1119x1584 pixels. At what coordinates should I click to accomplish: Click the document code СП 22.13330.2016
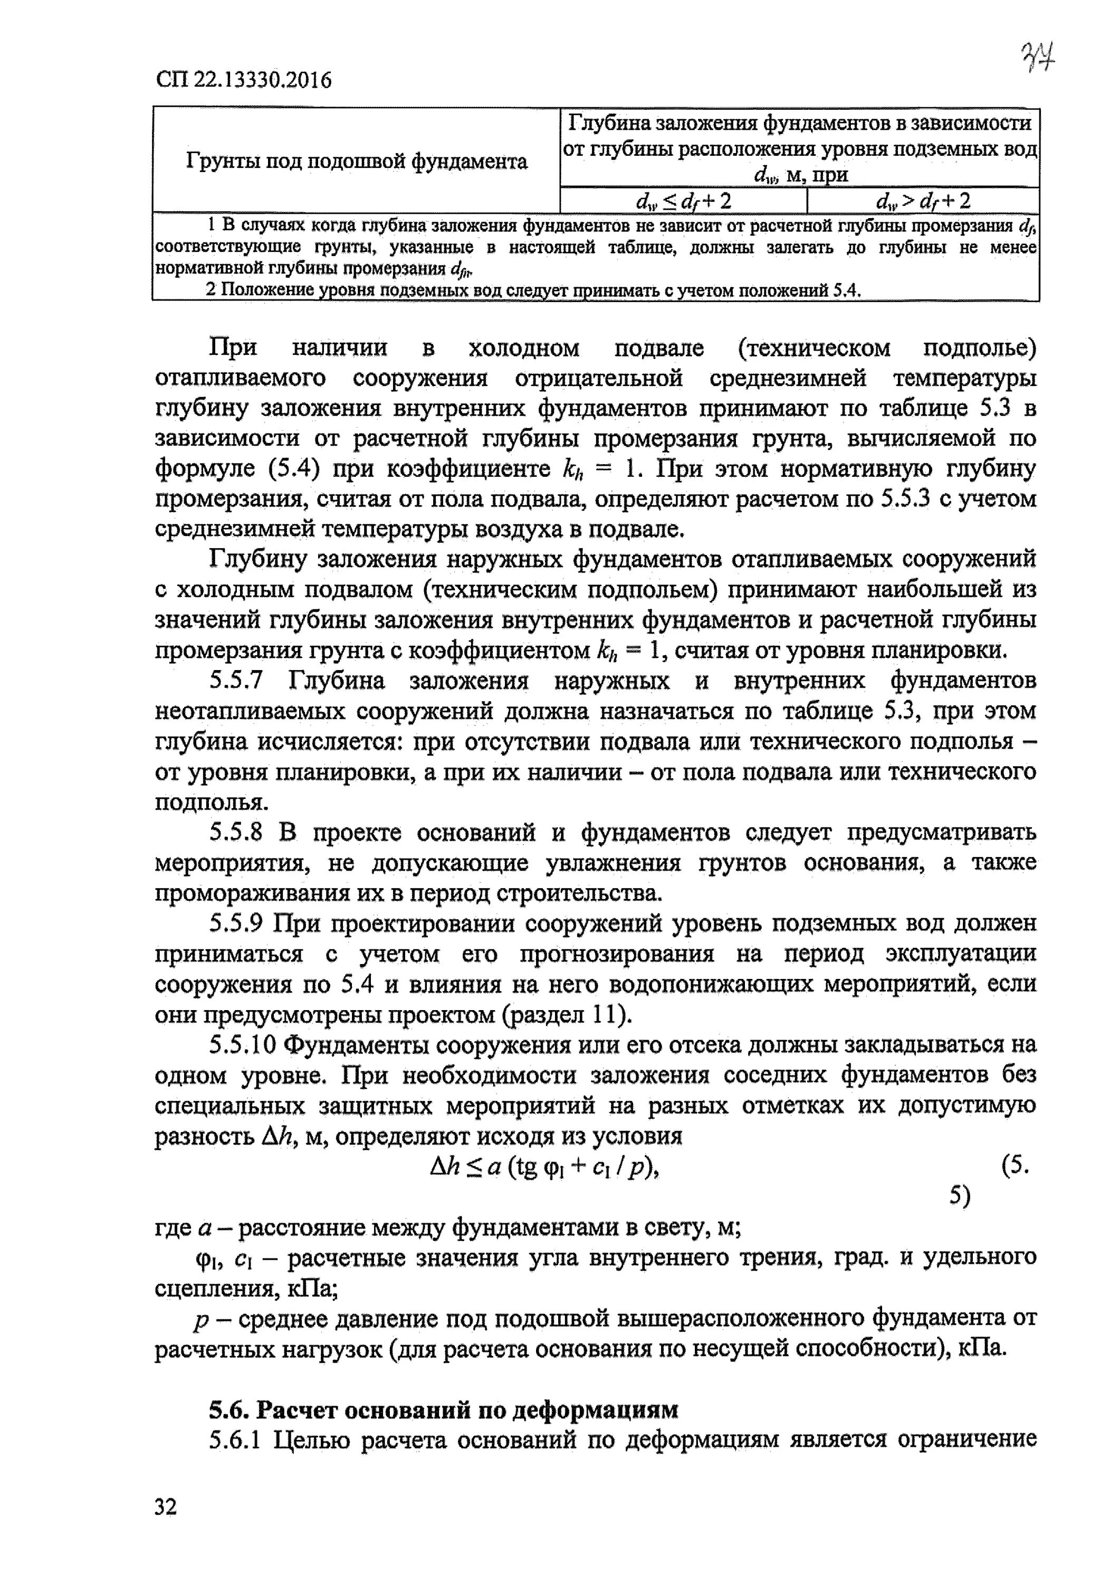point(243,81)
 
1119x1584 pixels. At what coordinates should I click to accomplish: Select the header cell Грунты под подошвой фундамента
point(357,162)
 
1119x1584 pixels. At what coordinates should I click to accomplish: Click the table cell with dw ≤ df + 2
point(683,201)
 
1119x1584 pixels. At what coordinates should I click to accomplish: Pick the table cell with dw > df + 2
point(923,201)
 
